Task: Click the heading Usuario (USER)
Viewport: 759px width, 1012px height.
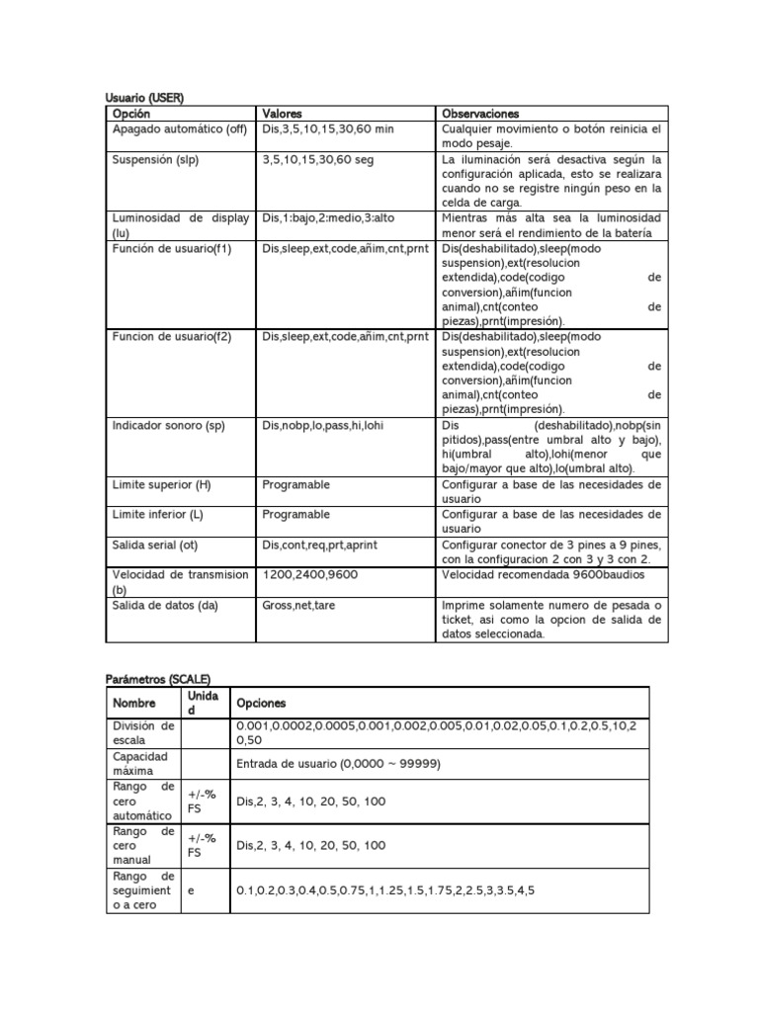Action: (145, 98)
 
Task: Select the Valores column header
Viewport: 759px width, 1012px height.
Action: (284, 114)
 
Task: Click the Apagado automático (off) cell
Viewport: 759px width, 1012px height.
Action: (179, 129)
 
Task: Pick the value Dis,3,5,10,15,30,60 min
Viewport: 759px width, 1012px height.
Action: (329, 129)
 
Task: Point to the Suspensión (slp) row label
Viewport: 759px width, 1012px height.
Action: (156, 159)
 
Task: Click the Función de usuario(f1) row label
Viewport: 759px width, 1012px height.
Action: (172, 248)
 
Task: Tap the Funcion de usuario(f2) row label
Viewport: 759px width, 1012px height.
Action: (172, 337)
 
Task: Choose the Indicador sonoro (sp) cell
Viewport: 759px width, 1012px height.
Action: (169, 426)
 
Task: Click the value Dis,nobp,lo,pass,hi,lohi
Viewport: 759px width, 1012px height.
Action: (322, 426)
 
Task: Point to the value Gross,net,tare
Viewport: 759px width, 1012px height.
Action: (301, 604)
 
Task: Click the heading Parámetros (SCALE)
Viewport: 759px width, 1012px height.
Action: (158, 678)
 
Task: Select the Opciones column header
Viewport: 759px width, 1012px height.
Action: (261, 703)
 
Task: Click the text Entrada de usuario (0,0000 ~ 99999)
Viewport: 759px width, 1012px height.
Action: (338, 764)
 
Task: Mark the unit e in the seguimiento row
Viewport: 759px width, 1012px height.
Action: (191, 890)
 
